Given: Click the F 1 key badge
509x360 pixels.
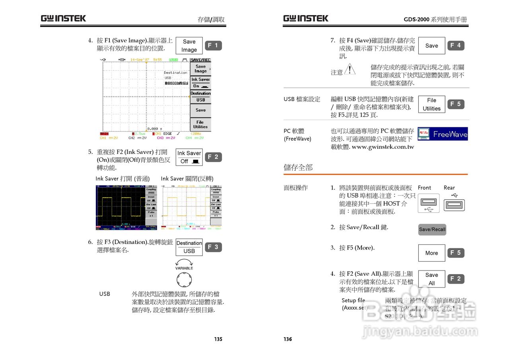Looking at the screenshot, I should tap(214, 46).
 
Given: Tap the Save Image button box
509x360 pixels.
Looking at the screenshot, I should tap(189, 46).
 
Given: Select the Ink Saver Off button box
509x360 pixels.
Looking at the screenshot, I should tap(189, 157).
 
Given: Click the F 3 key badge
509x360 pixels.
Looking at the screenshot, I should tap(214, 247).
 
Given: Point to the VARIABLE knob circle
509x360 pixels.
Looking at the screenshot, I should tap(184, 279).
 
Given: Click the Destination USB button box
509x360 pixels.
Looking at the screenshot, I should tap(189, 247).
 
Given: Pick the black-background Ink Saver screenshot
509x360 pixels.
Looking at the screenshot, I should tap(126, 207).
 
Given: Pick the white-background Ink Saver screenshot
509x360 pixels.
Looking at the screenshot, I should tap(191, 207).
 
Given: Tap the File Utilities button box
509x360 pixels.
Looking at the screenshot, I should tap(431, 104).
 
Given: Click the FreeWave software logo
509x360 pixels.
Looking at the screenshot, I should tap(443, 134).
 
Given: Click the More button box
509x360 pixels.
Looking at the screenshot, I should tap(431, 253).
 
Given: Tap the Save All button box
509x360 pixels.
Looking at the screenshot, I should tap(431, 279).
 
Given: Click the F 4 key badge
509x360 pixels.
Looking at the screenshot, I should tap(456, 46).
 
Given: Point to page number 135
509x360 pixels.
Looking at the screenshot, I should tap(218, 339).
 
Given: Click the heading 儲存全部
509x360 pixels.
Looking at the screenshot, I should tap(298, 167).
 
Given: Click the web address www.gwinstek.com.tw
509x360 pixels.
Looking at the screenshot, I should tap(383, 147).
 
